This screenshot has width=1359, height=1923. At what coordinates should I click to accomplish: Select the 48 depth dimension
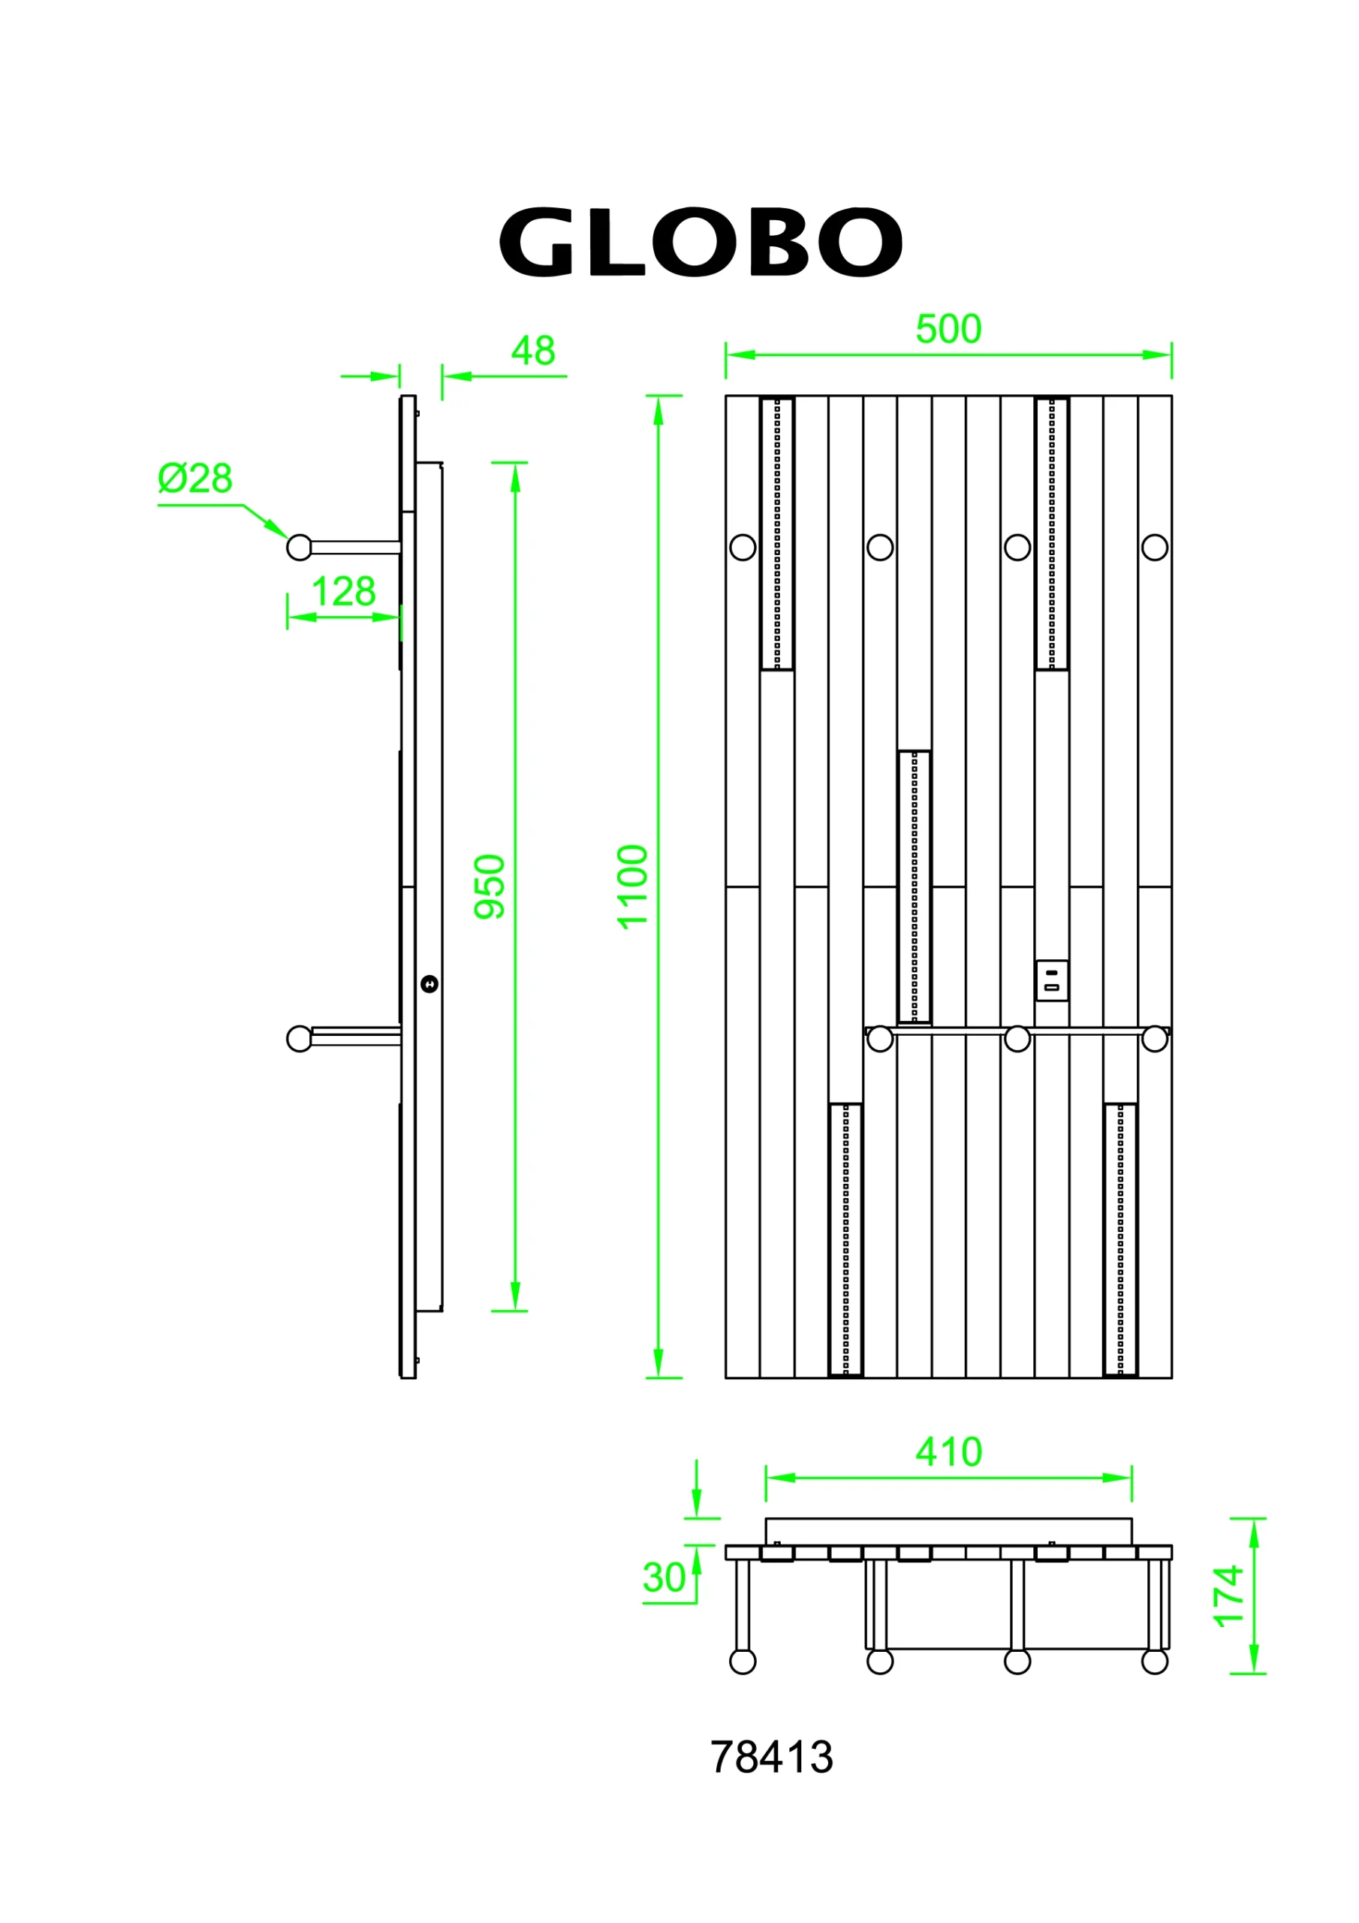pyautogui.click(x=532, y=351)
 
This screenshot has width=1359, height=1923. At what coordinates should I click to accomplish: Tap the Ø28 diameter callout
pyautogui.click(x=195, y=479)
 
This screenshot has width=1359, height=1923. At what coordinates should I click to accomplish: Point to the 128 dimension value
pyautogui.click(x=343, y=592)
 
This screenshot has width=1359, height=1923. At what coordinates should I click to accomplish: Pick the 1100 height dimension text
pyautogui.click(x=633, y=887)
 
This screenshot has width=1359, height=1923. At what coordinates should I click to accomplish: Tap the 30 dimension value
pyautogui.click(x=664, y=1578)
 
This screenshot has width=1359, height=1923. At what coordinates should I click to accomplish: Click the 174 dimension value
pyautogui.click(x=1228, y=1596)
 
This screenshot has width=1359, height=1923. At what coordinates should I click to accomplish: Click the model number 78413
pyautogui.click(x=771, y=1757)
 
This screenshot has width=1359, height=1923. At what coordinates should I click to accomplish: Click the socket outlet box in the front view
pyautogui.click(x=1052, y=981)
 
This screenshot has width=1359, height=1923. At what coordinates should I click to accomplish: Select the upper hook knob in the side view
pyautogui.click(x=299, y=548)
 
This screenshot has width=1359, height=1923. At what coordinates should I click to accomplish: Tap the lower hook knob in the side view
pyautogui.click(x=299, y=1039)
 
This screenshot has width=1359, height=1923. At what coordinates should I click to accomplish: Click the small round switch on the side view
pyautogui.click(x=429, y=984)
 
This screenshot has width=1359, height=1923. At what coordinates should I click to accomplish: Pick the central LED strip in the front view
pyautogui.click(x=915, y=887)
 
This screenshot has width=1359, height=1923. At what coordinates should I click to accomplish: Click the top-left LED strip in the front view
pyautogui.click(x=777, y=533)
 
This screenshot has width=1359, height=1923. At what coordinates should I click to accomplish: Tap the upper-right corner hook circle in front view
pyautogui.click(x=1155, y=548)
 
